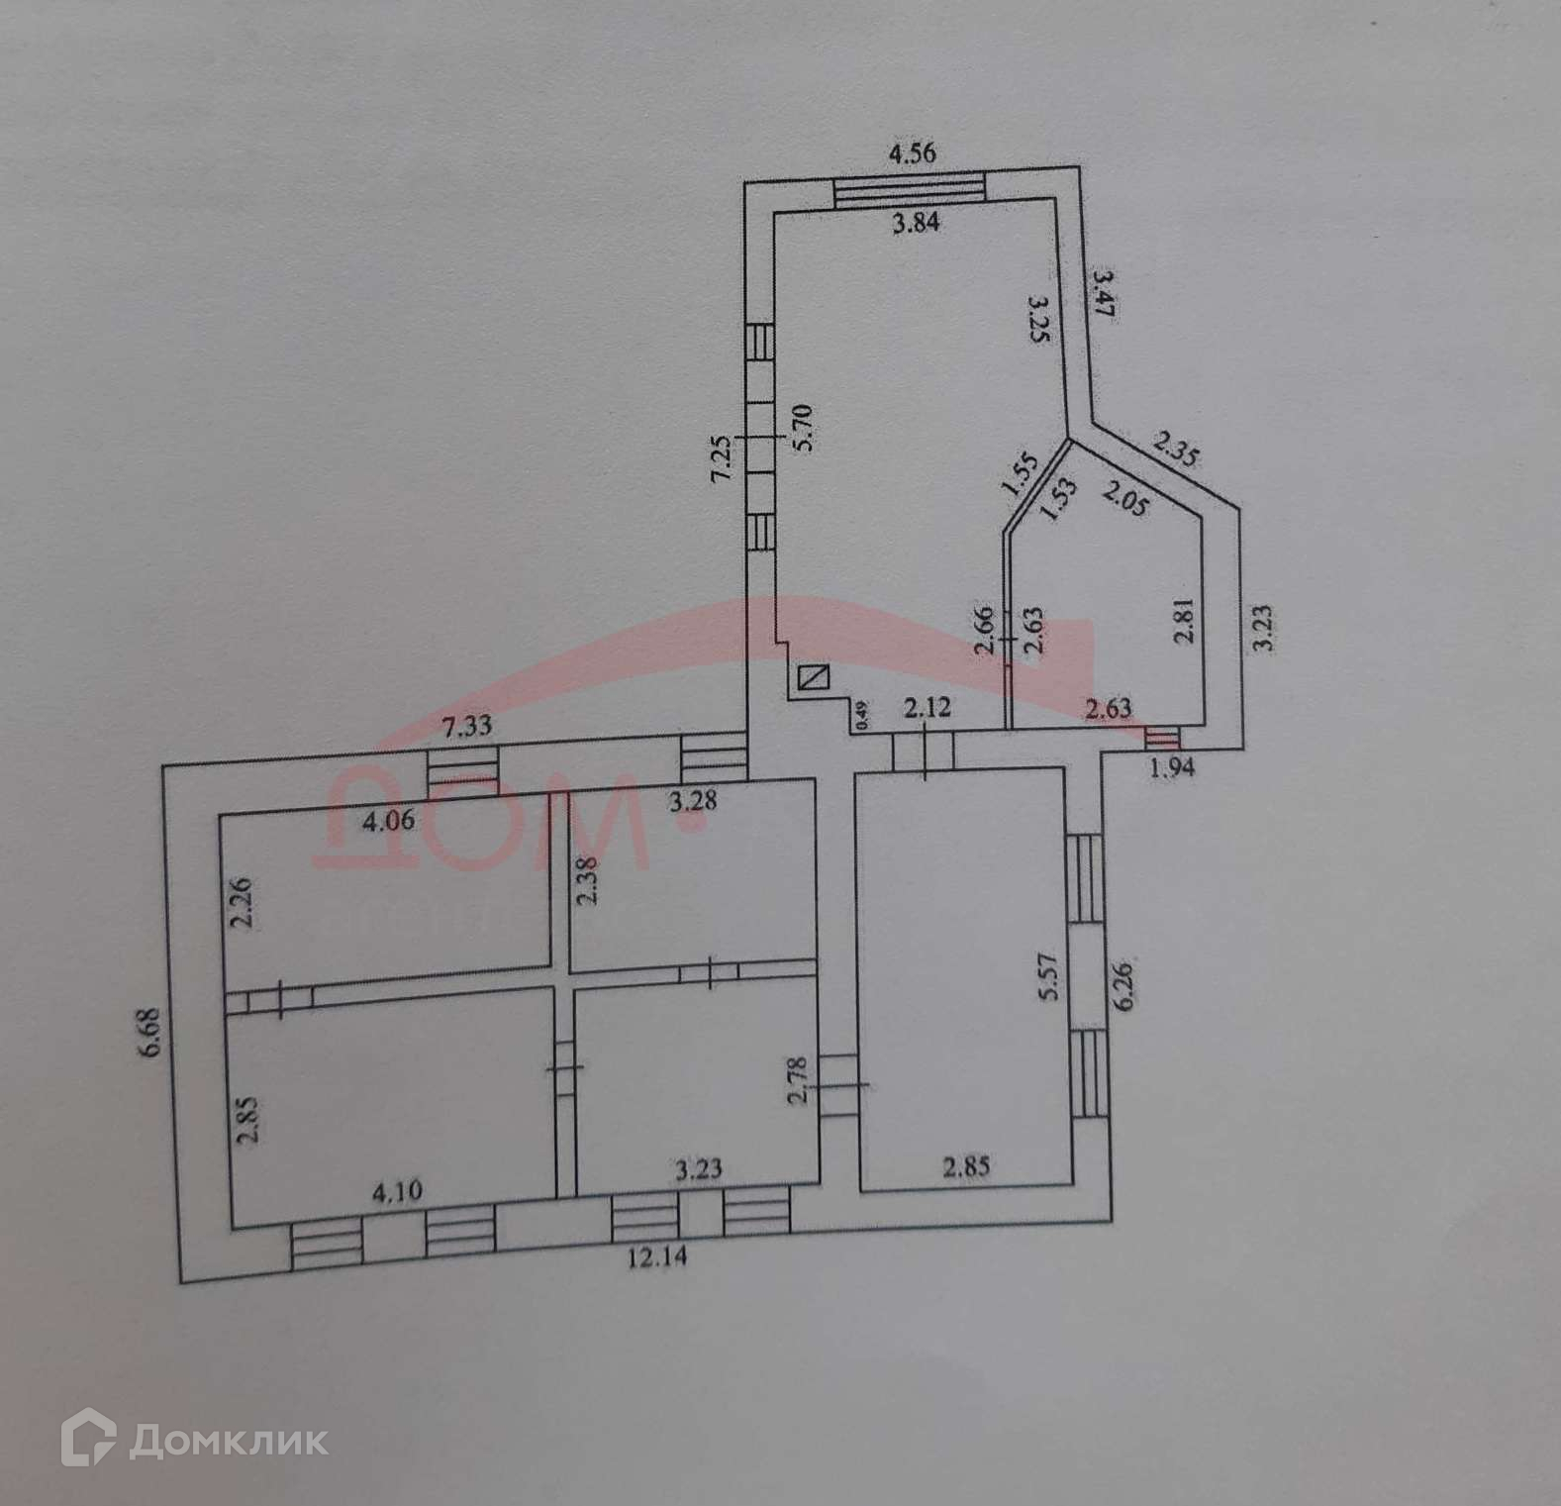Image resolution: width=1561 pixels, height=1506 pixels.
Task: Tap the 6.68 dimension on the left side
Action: point(149,1033)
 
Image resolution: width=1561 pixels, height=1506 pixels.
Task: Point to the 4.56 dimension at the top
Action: point(911,153)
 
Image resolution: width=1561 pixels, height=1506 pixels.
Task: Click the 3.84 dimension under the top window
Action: point(916,223)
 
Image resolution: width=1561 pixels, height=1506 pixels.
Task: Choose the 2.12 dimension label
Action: point(927,707)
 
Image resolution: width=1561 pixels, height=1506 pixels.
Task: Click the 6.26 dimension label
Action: point(1123,983)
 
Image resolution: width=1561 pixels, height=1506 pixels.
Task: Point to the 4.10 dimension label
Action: point(396,1191)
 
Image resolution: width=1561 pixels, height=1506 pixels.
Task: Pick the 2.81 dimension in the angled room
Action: point(1183,621)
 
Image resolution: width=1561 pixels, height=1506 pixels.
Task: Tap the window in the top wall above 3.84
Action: point(910,188)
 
